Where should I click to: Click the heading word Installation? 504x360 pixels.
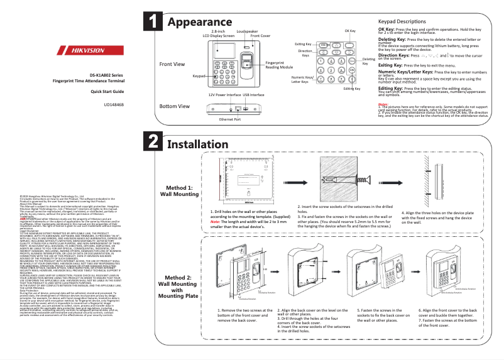coord(200,144)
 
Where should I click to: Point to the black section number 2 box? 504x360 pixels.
coord(153,142)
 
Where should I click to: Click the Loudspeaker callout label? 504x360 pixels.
coord(247,31)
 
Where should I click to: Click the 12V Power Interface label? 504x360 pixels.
coord(224,94)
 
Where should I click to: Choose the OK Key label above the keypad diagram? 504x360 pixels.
coord(350,31)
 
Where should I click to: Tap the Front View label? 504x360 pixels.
coord(172,65)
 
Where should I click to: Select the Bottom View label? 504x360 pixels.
coord(175,106)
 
